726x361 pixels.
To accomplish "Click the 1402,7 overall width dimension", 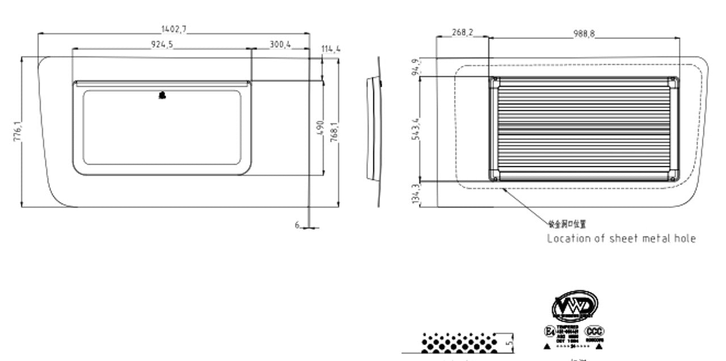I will click(x=174, y=29).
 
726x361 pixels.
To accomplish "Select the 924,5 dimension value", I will click(x=162, y=45).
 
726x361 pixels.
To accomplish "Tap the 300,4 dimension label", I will click(x=280, y=44).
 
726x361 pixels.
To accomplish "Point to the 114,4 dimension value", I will click(x=331, y=49).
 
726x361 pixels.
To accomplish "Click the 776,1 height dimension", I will click(x=17, y=132).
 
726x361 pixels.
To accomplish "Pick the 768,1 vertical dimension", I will click(x=334, y=132).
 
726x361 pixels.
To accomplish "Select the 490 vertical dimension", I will click(x=319, y=128).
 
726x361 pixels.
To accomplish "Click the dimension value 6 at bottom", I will click(x=297, y=225).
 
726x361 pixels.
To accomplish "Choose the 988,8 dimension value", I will click(x=584, y=34).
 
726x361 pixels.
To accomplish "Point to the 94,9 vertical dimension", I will click(x=417, y=67).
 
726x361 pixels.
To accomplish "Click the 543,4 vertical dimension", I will click(x=417, y=130).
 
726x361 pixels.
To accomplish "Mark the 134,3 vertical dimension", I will click(x=417, y=194).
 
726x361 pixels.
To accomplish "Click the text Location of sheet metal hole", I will click(x=621, y=238).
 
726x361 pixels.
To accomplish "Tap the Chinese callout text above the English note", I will click(x=567, y=224).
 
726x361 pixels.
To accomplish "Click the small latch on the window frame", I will click(x=163, y=95).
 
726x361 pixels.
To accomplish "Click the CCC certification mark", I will click(x=594, y=331).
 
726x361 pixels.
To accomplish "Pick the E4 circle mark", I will click(x=549, y=331).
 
